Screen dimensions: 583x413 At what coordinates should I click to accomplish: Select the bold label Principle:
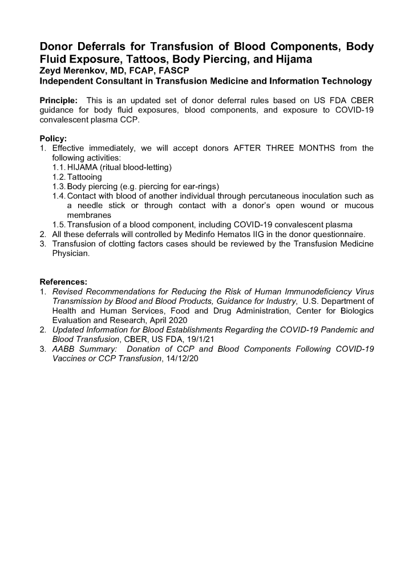[x=59, y=101]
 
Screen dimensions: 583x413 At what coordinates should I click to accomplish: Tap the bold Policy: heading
[x=53, y=138]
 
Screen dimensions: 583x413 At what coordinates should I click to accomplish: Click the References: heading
[x=63, y=282]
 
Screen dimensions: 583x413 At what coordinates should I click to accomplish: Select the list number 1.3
[x=59, y=187]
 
